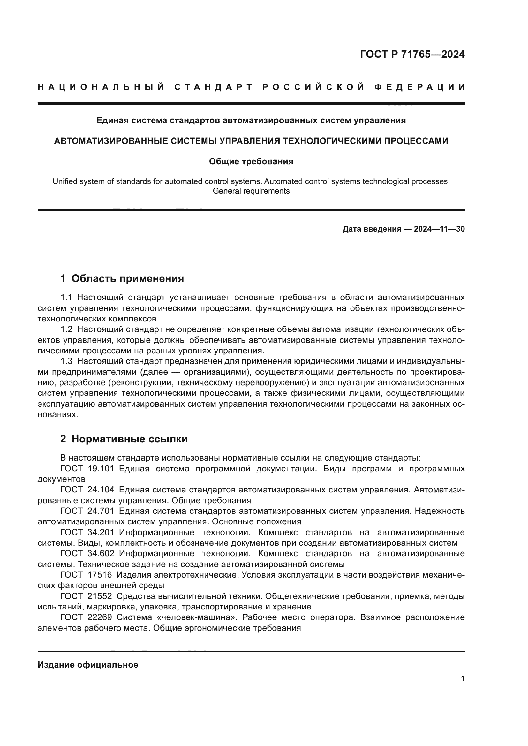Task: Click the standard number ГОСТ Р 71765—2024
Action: tap(412, 54)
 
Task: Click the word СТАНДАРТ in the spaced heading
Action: tap(214, 87)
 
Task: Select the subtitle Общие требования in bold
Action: tap(251, 161)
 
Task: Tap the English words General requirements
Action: tap(251, 191)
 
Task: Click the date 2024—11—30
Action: tap(439, 229)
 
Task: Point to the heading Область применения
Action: tap(127, 278)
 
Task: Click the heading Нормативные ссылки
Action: tap(129, 439)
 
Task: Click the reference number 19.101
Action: tap(101, 469)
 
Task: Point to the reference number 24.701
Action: tap(101, 511)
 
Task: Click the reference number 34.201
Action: tap(101, 533)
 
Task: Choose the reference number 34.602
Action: tap(101, 554)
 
